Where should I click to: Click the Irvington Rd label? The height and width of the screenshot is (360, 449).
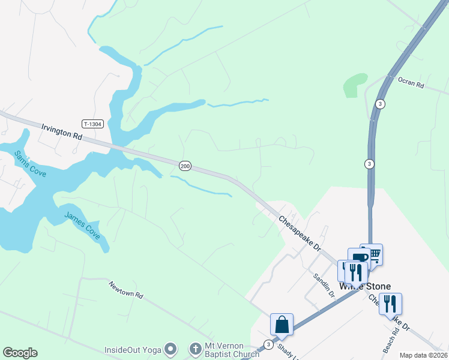click(62, 131)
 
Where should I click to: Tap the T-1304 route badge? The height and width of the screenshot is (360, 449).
click(93, 124)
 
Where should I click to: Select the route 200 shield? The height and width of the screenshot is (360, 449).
click(185, 166)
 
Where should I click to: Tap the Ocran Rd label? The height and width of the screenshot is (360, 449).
click(411, 83)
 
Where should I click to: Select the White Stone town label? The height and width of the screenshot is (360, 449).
click(365, 286)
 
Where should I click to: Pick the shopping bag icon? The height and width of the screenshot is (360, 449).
click(282, 324)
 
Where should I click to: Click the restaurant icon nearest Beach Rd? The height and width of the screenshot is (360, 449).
click(390, 304)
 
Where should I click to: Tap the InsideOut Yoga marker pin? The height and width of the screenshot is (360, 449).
click(171, 349)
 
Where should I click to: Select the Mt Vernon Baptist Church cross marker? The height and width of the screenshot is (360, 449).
click(195, 349)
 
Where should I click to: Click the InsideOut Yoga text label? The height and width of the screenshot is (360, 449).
click(133, 349)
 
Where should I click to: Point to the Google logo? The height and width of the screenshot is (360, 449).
click(20, 353)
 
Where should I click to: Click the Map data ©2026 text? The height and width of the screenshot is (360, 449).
click(423, 355)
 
